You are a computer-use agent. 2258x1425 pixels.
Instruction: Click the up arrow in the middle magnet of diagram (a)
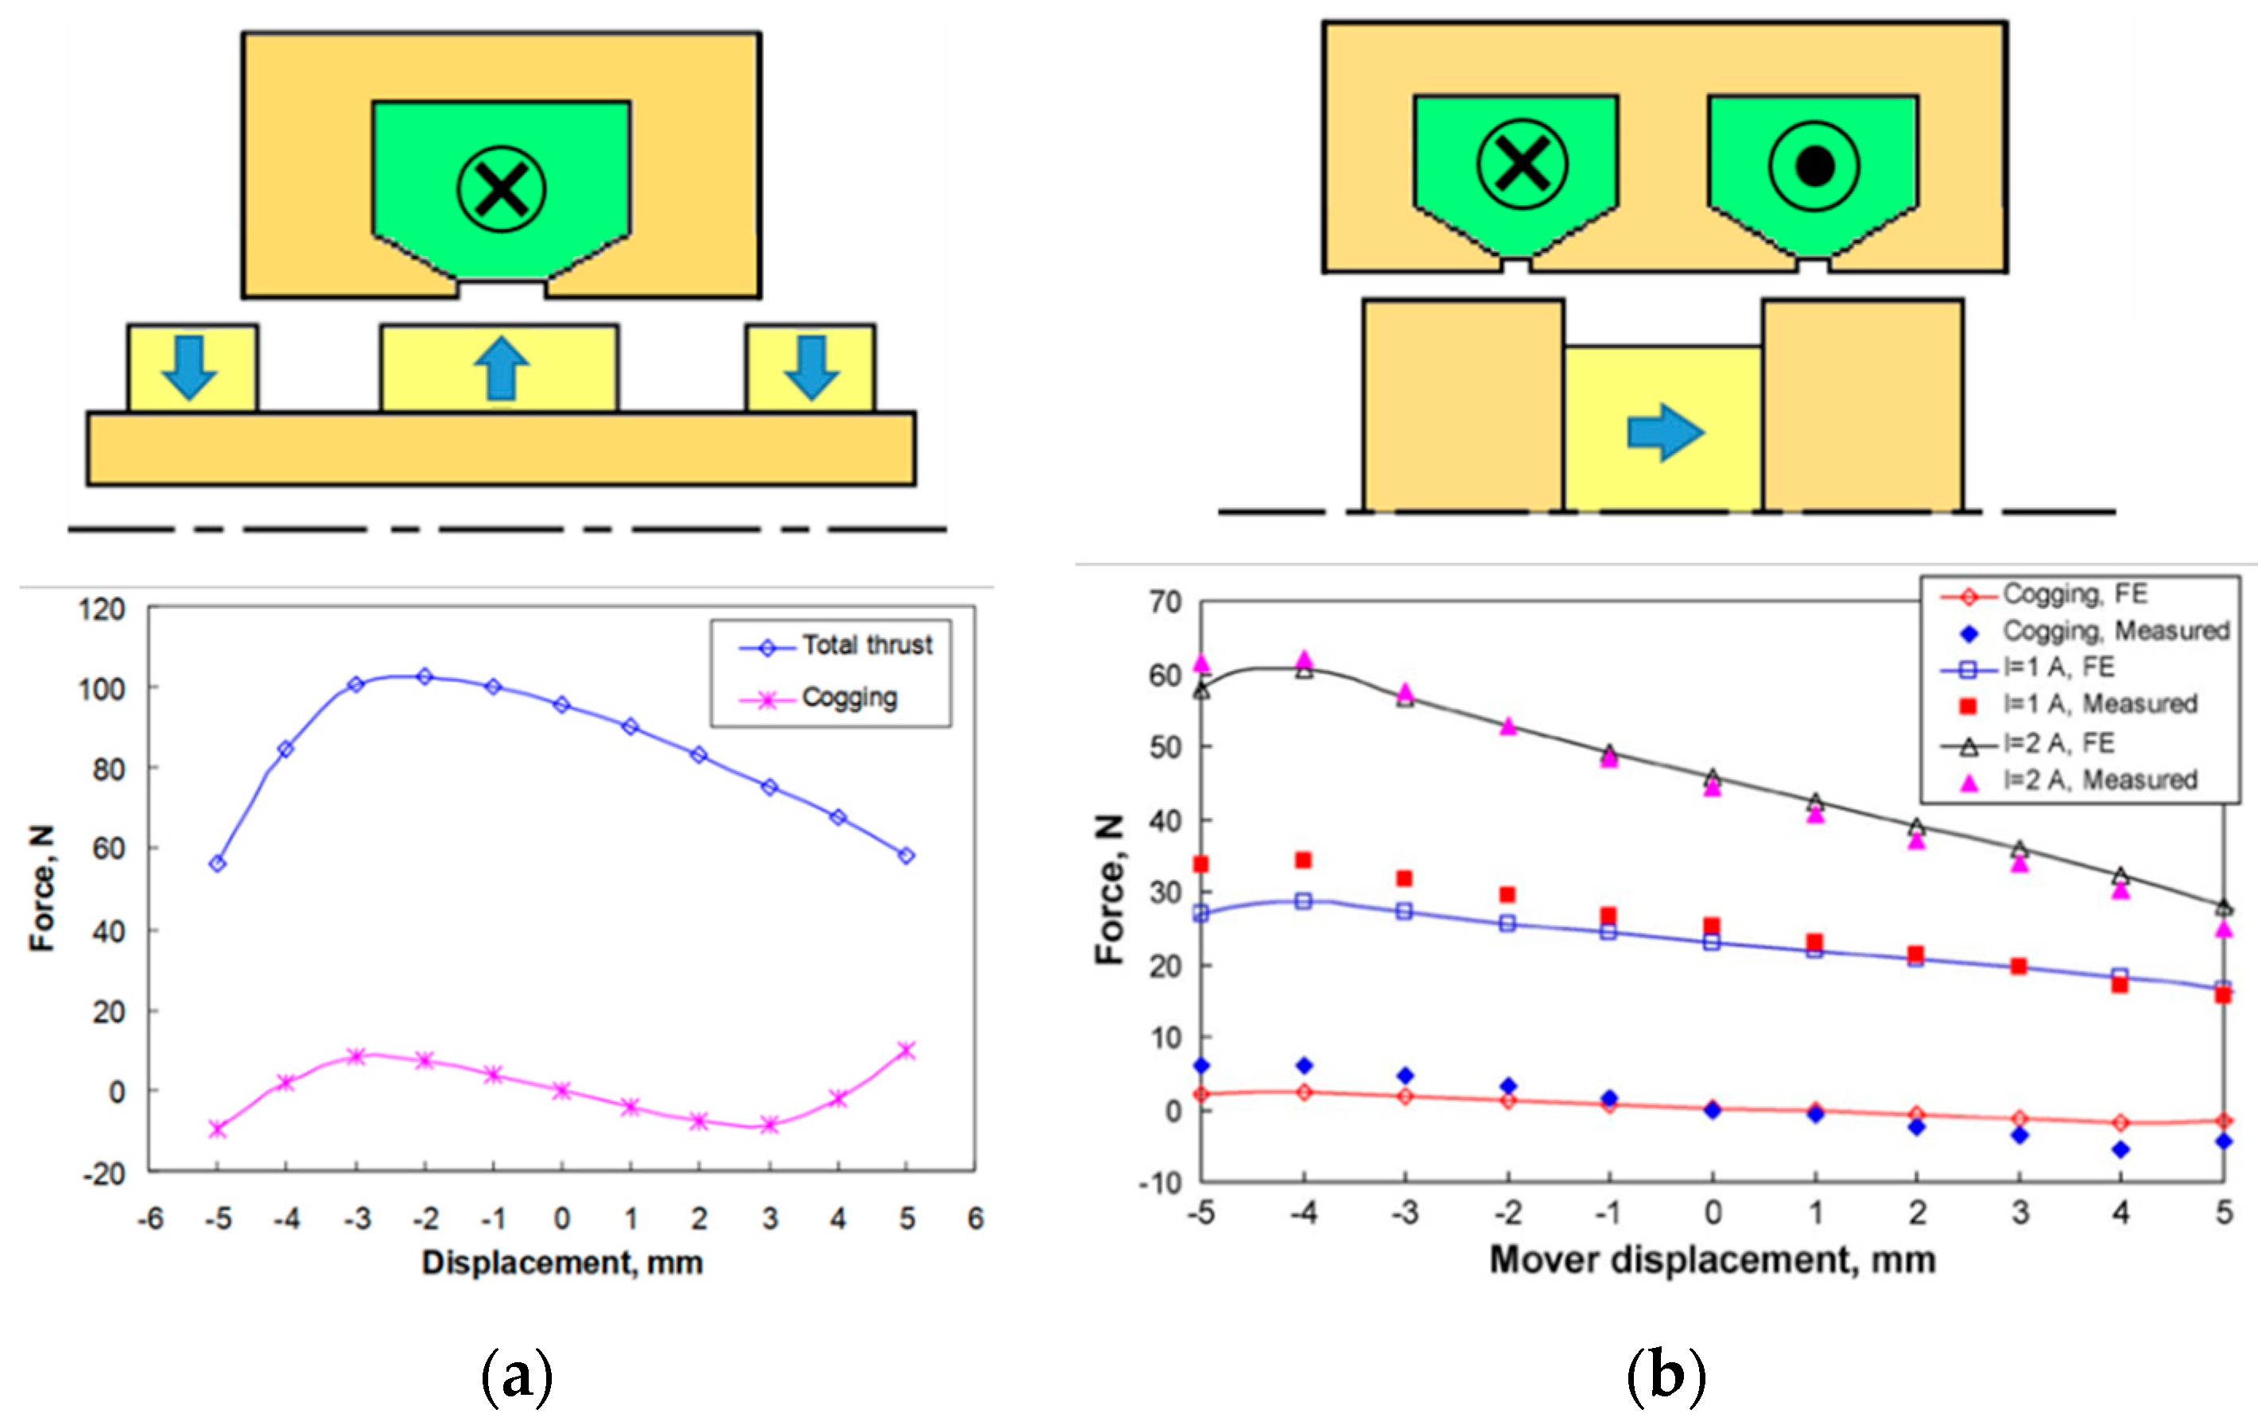tap(501, 369)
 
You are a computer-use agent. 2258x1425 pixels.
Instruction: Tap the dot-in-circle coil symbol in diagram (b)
tap(1814, 166)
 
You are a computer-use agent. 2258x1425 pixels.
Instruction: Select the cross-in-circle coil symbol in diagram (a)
tap(501, 188)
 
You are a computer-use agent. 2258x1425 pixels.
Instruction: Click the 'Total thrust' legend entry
tap(867, 645)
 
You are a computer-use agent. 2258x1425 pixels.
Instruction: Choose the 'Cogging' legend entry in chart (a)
tap(848, 698)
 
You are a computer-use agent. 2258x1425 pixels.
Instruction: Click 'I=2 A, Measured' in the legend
tap(2100, 780)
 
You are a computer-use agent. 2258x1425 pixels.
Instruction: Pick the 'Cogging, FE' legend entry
tap(2074, 594)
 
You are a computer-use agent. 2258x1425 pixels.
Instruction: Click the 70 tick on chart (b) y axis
tap(1166, 602)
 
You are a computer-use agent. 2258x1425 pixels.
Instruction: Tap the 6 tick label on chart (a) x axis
tap(976, 1218)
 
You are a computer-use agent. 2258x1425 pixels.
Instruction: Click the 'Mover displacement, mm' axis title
tap(1713, 1260)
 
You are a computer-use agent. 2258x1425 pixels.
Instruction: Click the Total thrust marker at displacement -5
tap(218, 863)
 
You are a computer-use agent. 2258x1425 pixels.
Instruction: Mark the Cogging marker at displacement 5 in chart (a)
tap(906, 1051)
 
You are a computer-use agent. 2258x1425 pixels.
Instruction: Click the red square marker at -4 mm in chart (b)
tap(1302, 860)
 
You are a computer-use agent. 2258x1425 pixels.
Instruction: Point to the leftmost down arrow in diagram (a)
tap(190, 367)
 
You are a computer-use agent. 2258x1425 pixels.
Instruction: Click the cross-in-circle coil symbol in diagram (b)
tap(1522, 164)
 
